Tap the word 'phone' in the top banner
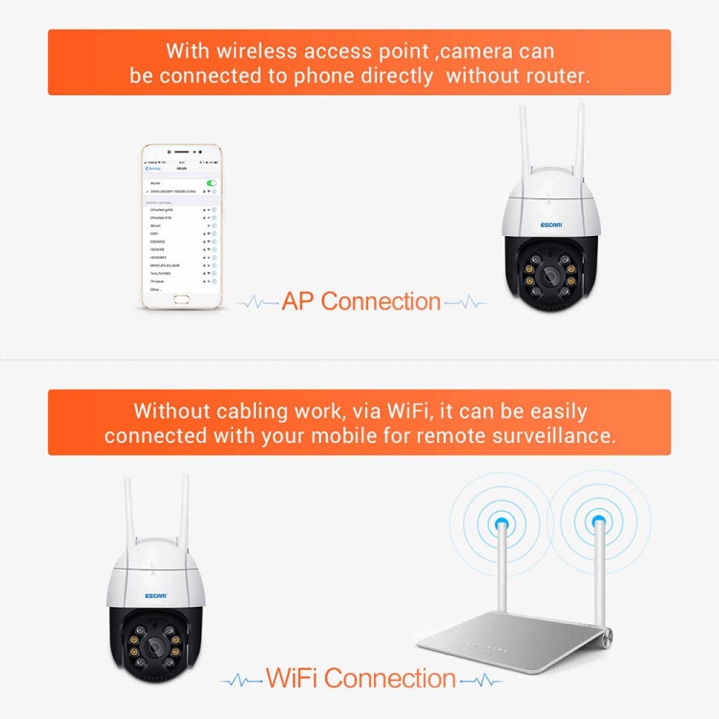306,76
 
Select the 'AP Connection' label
361,301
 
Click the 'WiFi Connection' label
360,679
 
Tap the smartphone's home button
180,300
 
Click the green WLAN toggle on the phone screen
211,182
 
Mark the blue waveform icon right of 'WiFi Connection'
481,680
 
